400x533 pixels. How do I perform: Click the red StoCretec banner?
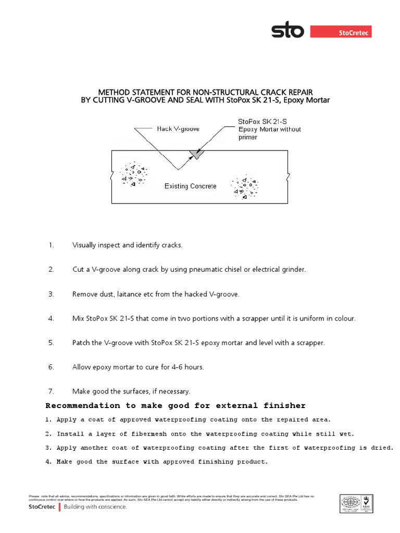[x=341, y=32]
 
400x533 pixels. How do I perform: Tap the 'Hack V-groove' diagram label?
[x=178, y=129]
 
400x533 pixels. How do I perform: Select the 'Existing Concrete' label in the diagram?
[x=191, y=186]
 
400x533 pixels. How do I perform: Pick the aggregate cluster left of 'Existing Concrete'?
[x=133, y=174]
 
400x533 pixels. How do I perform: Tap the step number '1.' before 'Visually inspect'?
[x=51, y=245]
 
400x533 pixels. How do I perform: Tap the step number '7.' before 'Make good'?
[x=51, y=391]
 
